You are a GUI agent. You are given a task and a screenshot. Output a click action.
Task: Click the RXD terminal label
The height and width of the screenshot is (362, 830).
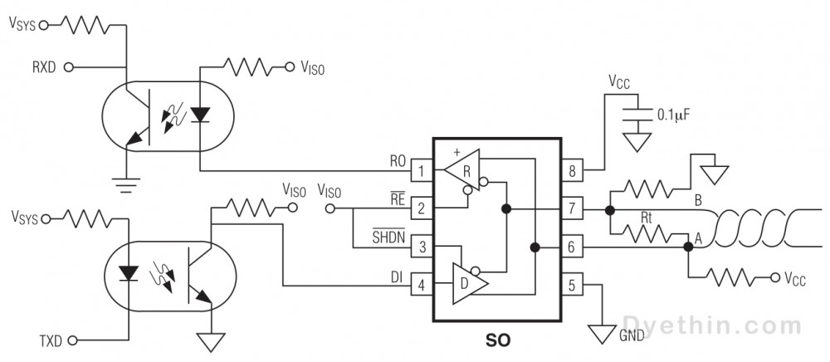[x=43, y=66]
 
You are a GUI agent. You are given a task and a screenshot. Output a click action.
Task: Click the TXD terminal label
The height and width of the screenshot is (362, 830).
[x=50, y=340]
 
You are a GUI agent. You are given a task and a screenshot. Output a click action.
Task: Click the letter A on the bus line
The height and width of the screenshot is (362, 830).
[x=698, y=237]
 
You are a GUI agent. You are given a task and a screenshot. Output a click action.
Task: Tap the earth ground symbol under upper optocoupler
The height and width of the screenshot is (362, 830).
[x=125, y=182]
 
